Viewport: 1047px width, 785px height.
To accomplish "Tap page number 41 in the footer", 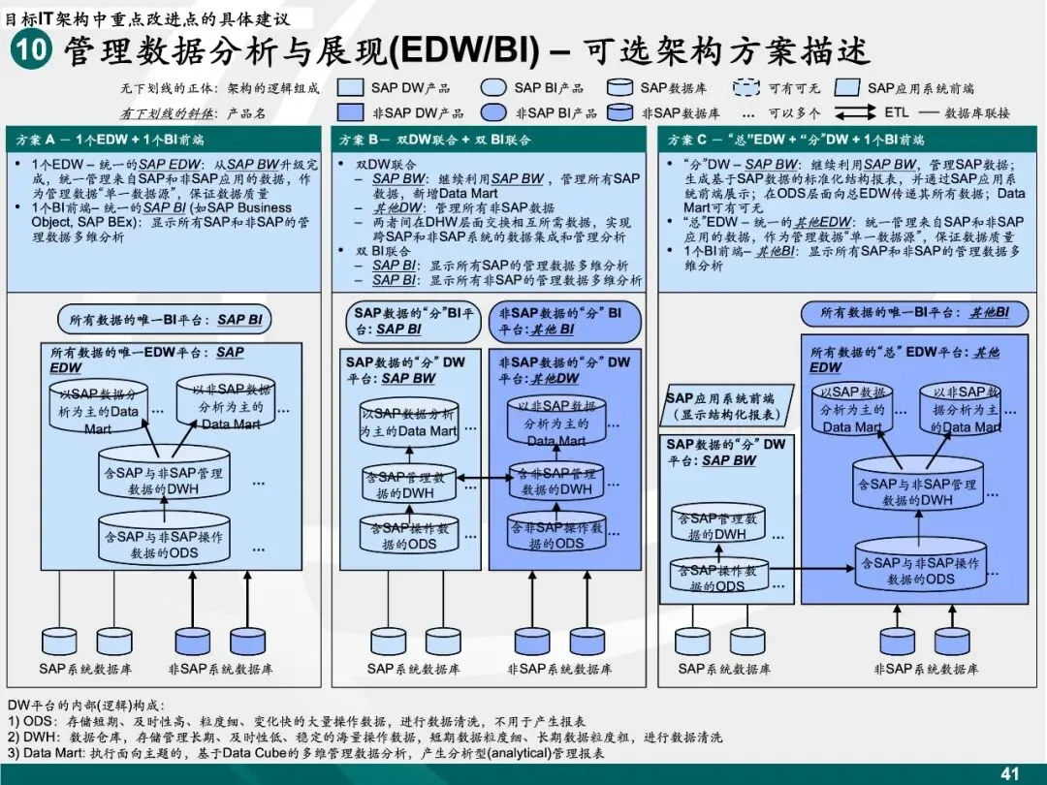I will click(x=1010, y=773).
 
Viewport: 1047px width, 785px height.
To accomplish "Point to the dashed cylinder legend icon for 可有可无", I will click(x=746, y=88).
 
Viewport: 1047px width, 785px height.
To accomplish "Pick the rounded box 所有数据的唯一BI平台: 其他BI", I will click(x=914, y=314).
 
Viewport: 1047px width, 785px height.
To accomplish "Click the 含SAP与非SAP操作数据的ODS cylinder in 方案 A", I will click(x=164, y=544).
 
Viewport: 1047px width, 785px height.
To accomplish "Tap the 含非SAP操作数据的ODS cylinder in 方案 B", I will click(x=557, y=535).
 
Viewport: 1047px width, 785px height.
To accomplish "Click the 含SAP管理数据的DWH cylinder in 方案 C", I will click(x=718, y=526).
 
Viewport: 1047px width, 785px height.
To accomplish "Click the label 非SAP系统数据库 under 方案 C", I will click(x=926, y=670).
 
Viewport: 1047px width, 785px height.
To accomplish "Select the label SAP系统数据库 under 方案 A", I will click(x=86, y=670).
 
